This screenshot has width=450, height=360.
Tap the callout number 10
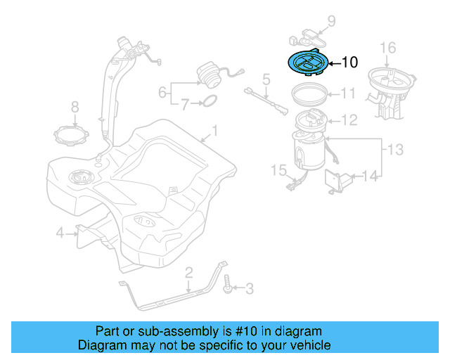tap(349, 63)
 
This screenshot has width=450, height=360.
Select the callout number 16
tap(388, 48)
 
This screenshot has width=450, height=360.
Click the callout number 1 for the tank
tap(215, 130)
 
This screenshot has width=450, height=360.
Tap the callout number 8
tap(75, 108)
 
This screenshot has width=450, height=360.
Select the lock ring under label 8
tap(74, 131)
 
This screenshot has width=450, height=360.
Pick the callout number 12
tap(349, 120)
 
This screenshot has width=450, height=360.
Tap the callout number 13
tap(396, 148)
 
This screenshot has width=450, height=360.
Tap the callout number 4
tap(60, 233)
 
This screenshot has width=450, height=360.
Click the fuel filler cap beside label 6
tap(209, 74)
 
